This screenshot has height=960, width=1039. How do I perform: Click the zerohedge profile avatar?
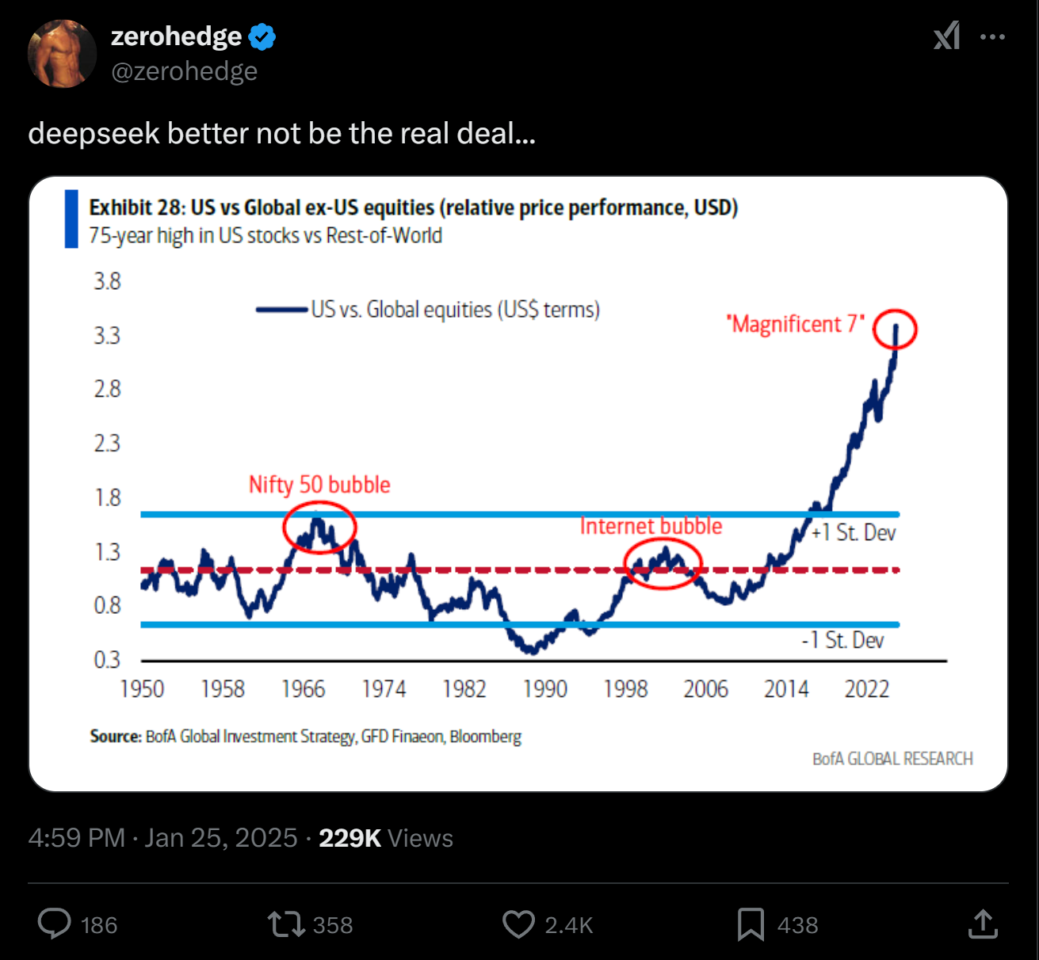62,54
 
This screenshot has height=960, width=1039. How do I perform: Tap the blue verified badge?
262,37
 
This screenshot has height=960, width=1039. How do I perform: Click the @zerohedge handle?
184,71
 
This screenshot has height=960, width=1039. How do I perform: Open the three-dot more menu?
992,36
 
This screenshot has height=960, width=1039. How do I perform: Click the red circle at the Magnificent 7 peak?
895,329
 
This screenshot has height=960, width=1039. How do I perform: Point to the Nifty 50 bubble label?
319,485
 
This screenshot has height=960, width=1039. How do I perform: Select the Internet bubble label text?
651,526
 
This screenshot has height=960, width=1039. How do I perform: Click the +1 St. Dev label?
854,533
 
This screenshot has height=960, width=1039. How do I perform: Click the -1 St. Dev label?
842,640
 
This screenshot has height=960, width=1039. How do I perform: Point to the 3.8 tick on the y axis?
107,281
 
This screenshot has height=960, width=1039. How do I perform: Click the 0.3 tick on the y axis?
107,660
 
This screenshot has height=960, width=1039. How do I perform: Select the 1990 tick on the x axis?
545,689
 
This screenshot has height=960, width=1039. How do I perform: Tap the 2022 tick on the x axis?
866,689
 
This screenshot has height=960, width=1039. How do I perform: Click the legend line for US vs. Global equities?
281,310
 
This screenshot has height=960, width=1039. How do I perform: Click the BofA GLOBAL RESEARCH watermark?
892,759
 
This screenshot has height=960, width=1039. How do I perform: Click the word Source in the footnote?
116,737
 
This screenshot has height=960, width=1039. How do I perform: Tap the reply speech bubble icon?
55,924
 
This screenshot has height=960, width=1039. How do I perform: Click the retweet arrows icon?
286,924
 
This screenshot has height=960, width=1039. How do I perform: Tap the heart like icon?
519,924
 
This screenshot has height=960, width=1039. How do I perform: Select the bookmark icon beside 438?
751,924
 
